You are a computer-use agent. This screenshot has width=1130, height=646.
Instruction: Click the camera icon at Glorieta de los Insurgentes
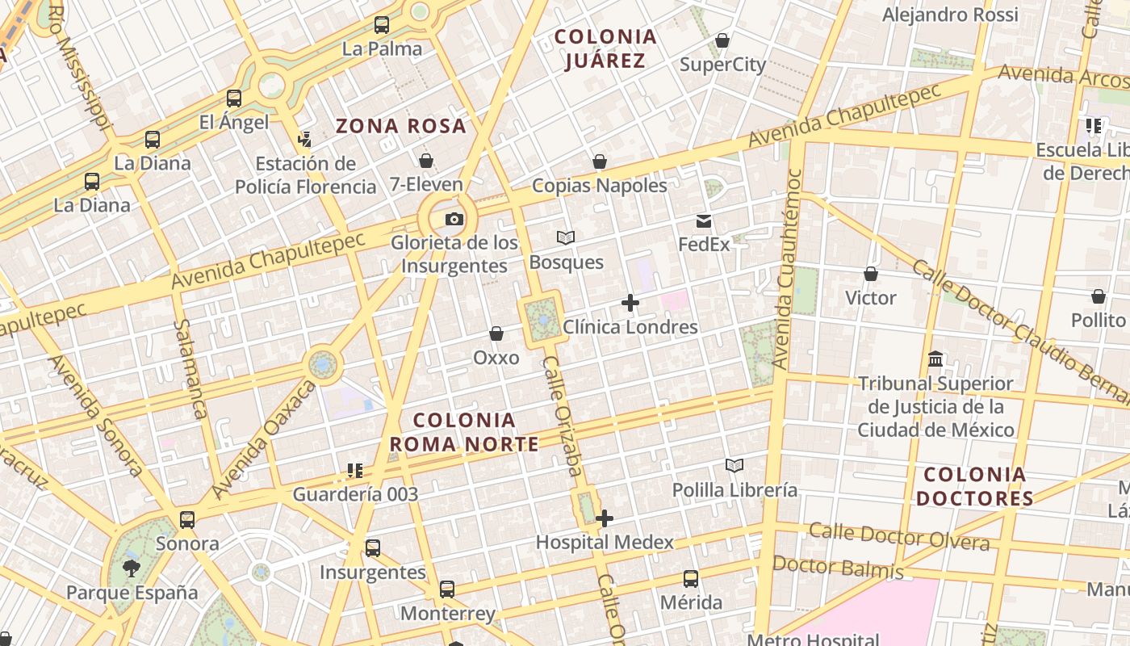click(454, 219)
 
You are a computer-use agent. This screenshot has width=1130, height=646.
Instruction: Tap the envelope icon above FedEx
click(704, 220)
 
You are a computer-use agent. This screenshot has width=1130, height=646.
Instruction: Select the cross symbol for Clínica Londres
click(630, 303)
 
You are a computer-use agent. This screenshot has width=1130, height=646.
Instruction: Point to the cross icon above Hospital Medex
click(605, 518)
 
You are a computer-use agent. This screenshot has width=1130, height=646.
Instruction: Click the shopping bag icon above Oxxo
click(496, 333)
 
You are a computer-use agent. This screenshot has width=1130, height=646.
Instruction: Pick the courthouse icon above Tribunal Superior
click(935, 359)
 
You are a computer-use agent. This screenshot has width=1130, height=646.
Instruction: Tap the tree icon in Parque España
click(131, 568)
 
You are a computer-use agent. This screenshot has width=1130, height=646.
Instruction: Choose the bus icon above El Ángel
click(234, 99)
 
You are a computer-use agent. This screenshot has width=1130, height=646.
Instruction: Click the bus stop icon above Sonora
click(187, 519)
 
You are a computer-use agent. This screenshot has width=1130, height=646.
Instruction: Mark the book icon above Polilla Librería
click(734, 466)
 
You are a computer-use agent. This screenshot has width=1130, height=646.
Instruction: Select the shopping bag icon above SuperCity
click(722, 40)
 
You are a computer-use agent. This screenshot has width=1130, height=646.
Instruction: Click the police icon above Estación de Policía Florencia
click(305, 140)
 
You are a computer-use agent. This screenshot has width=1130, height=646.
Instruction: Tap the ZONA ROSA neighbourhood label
click(401, 126)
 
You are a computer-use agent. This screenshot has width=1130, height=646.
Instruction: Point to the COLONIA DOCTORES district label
click(975, 486)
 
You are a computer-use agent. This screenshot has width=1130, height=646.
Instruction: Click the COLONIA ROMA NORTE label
click(464, 432)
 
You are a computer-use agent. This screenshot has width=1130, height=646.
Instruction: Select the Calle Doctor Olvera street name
click(899, 536)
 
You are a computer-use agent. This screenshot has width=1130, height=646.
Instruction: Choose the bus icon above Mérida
click(691, 579)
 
